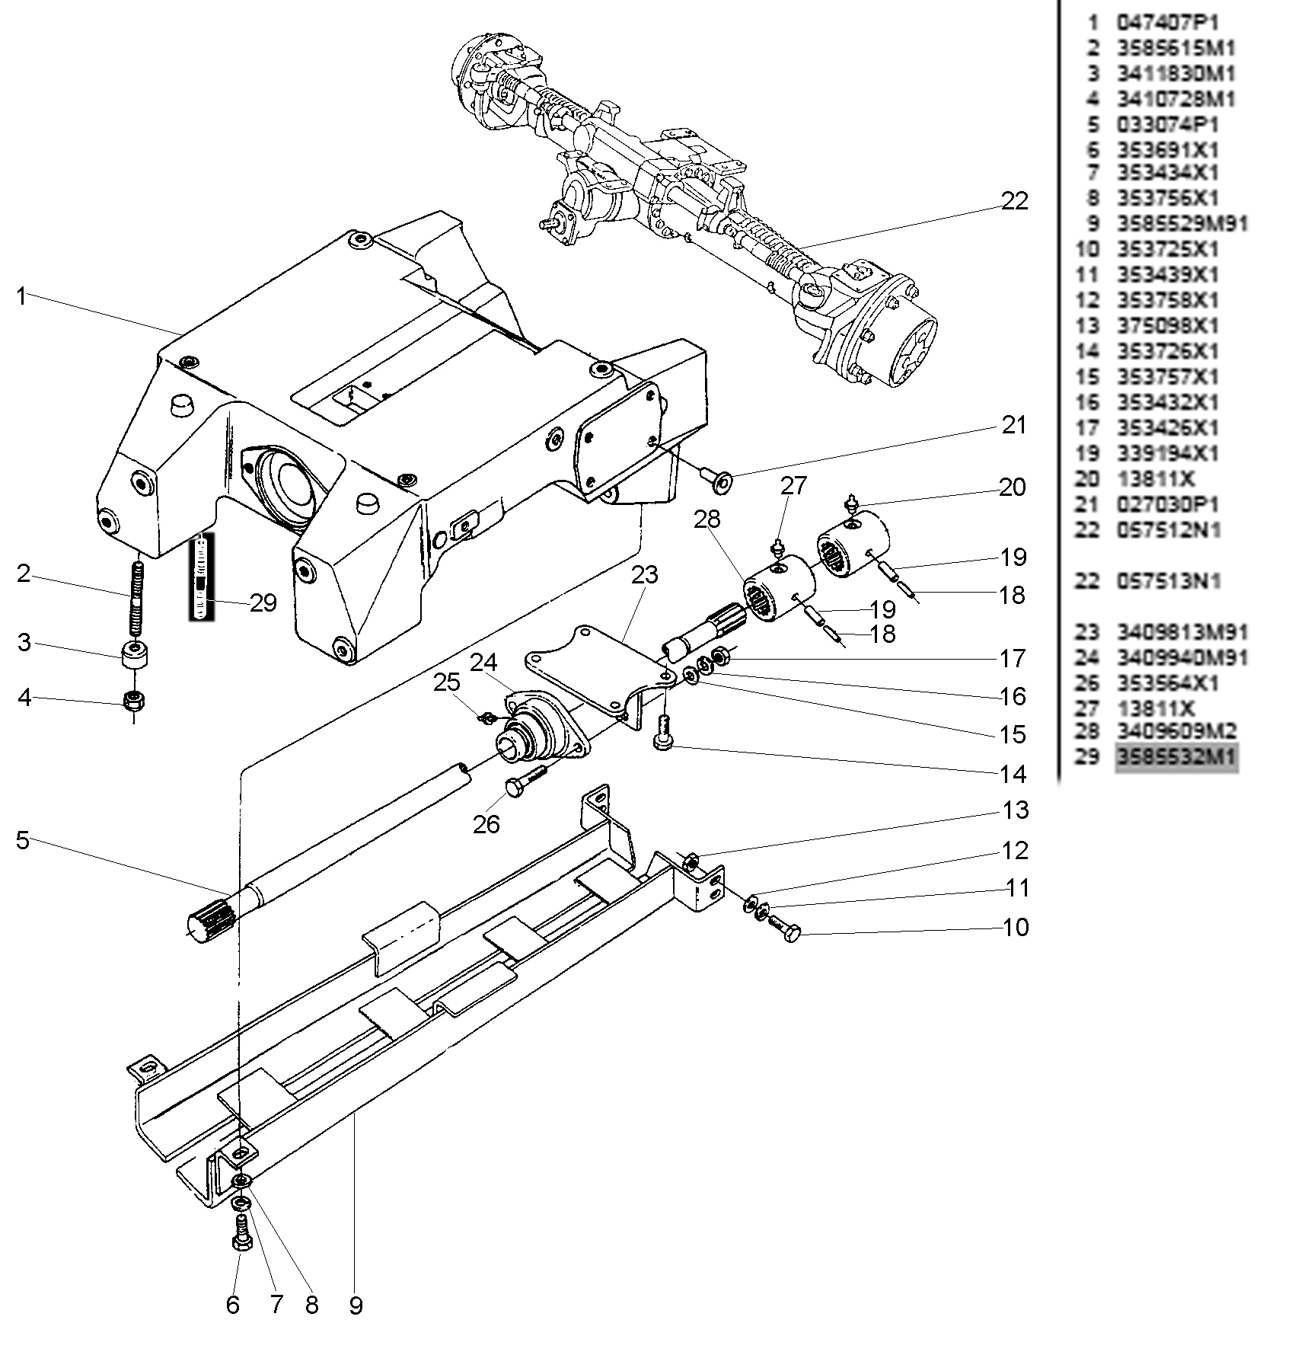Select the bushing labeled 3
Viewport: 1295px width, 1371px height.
tap(136, 654)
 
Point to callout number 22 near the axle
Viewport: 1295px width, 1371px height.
tap(1014, 201)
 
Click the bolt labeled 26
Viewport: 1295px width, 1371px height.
tap(525, 783)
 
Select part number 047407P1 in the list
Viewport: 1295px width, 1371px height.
tap(1167, 23)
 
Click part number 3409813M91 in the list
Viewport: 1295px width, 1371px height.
tap(1182, 632)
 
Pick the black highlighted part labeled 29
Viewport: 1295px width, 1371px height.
tap(202, 577)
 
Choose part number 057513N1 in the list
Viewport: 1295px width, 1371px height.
tap(1169, 581)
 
